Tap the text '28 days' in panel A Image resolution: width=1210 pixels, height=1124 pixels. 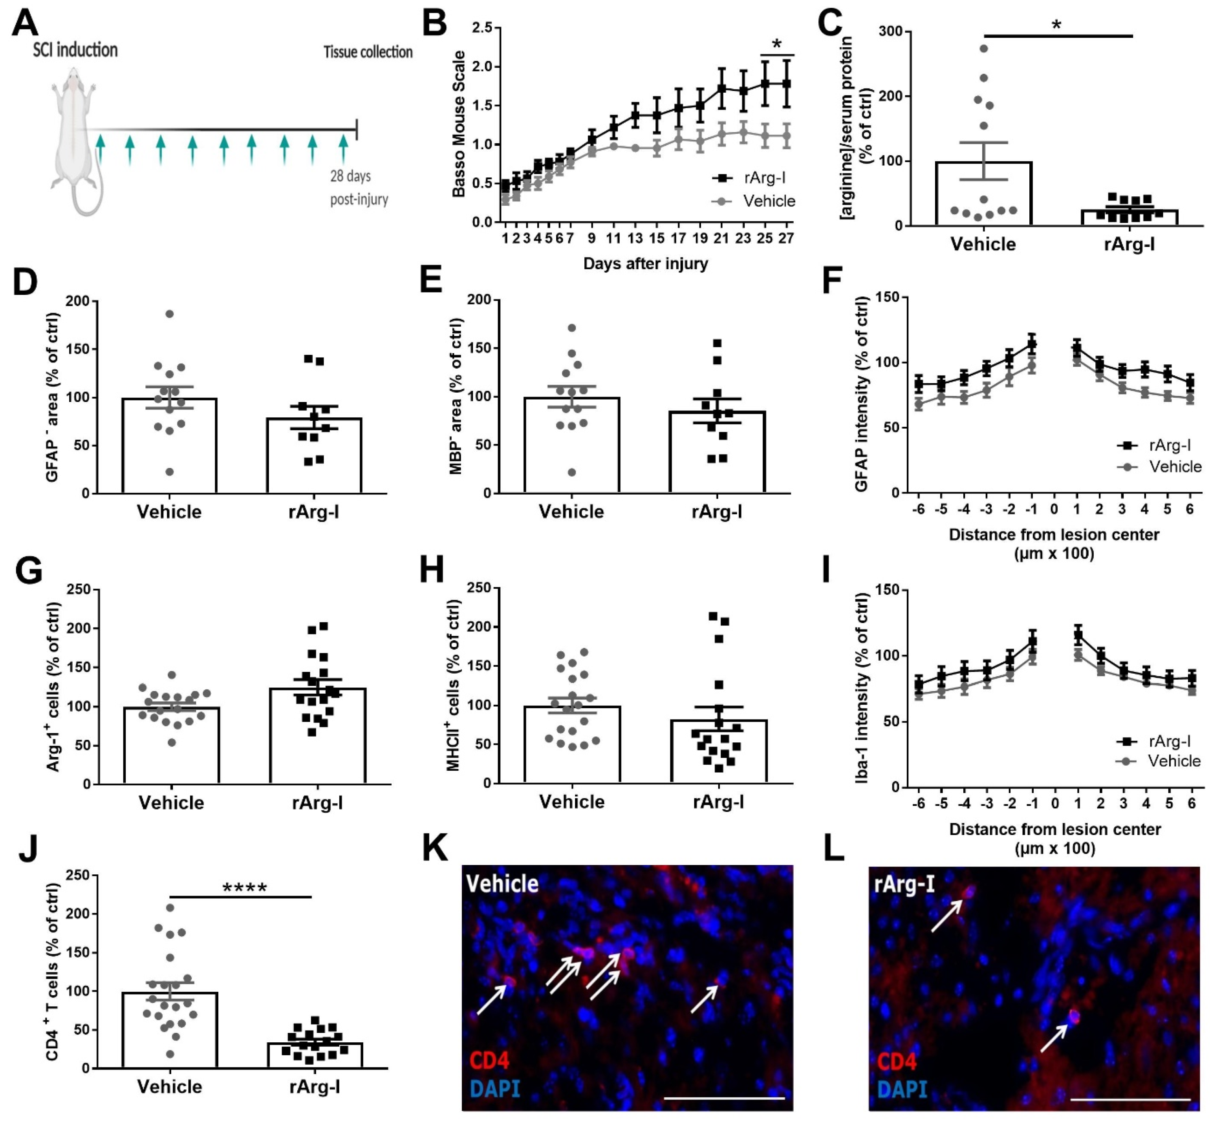350,176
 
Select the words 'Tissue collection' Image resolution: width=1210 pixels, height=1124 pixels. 368,52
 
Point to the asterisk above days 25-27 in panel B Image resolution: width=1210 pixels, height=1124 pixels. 776,44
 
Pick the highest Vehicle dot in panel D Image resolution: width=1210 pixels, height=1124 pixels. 170,314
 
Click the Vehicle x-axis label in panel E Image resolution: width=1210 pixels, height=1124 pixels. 571,512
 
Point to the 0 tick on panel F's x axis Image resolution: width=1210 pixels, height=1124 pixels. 1054,509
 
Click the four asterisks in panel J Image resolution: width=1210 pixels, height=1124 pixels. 245,888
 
